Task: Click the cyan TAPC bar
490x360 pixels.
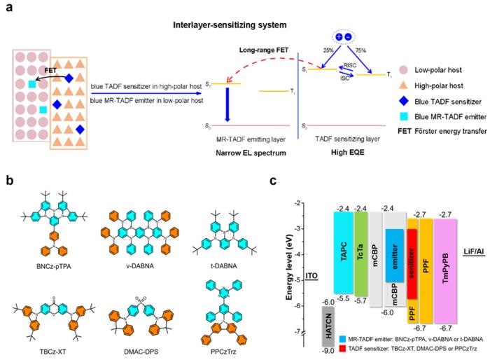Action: [342, 252]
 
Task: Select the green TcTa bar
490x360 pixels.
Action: [360, 252]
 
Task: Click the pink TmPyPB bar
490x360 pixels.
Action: [445, 266]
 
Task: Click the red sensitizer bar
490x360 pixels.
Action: [412, 266]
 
